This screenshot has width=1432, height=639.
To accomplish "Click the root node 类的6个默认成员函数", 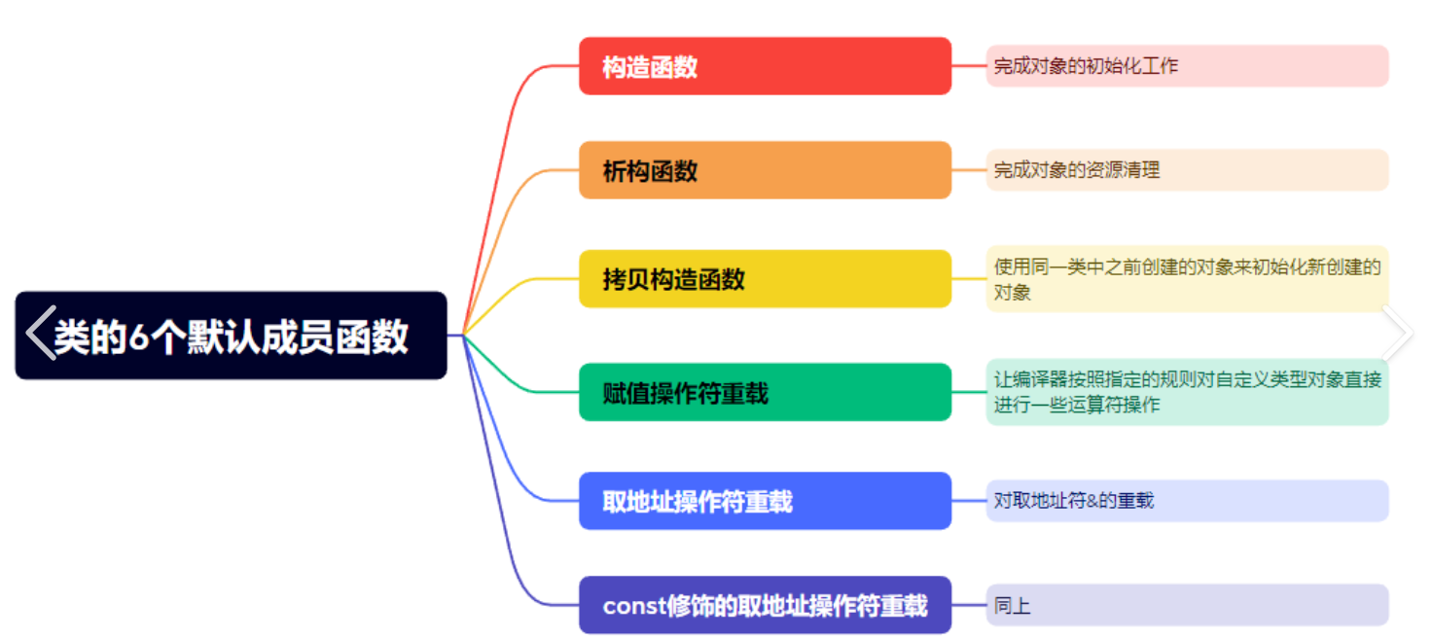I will [231, 336].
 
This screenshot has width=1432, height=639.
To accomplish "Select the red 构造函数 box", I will [765, 66].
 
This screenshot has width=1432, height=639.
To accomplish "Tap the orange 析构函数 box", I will [765, 170].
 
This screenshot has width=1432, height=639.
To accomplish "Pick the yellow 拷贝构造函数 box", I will [765, 279].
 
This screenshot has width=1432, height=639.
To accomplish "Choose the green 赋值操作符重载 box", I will [765, 392].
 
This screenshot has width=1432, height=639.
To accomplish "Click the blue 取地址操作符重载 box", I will [765, 501].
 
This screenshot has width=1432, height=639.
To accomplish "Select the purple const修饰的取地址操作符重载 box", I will [765, 605].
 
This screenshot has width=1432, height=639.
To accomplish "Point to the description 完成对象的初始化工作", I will [1187, 66].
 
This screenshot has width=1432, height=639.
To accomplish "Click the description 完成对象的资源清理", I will [1187, 170].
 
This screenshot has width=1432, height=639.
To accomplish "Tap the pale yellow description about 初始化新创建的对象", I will [1187, 279].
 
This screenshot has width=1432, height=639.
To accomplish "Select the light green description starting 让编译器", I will [1187, 392].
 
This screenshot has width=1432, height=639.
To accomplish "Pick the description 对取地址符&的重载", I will [1187, 501].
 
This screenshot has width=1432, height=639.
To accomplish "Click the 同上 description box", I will [1187, 605].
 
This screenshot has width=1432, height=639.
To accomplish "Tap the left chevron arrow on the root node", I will [40, 333].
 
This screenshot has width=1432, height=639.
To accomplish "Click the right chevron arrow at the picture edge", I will [1397, 333].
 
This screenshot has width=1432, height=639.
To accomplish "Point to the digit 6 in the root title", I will [139, 337].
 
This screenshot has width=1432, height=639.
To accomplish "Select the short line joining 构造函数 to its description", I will [969, 66].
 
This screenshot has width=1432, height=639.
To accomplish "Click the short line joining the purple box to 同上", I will [969, 605].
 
